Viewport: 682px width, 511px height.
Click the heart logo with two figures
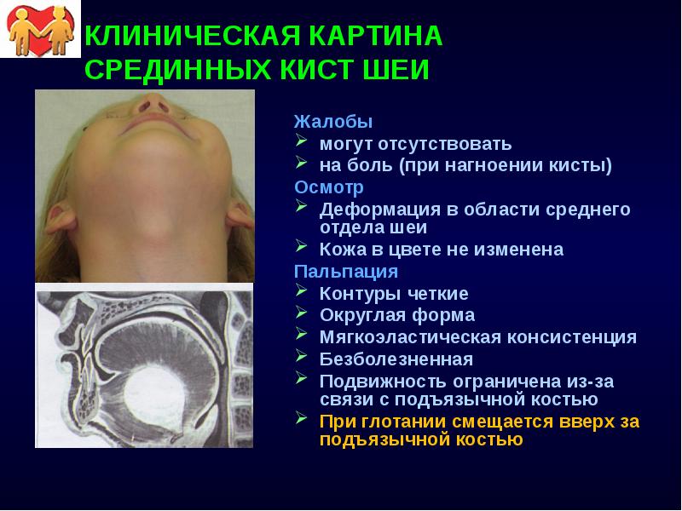click(38, 30)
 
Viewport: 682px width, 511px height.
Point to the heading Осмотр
click(329, 187)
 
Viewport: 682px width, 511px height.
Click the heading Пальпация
click(346, 272)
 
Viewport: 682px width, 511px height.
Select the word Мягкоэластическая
click(406, 337)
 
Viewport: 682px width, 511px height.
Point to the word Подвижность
click(376, 380)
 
